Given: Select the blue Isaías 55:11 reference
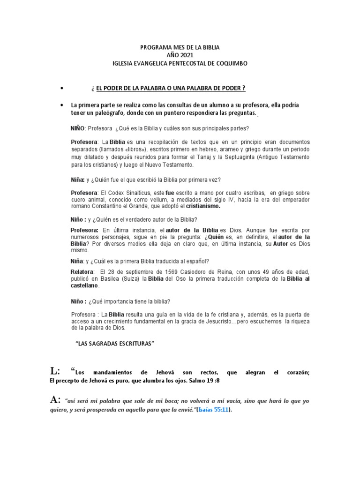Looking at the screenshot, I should tap(213, 410).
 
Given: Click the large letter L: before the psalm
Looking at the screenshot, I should tap(56, 371).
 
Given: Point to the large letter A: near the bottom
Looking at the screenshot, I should tap(56, 400).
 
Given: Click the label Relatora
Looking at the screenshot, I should tap(82, 272).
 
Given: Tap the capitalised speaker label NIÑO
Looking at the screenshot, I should tap(77, 128).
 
